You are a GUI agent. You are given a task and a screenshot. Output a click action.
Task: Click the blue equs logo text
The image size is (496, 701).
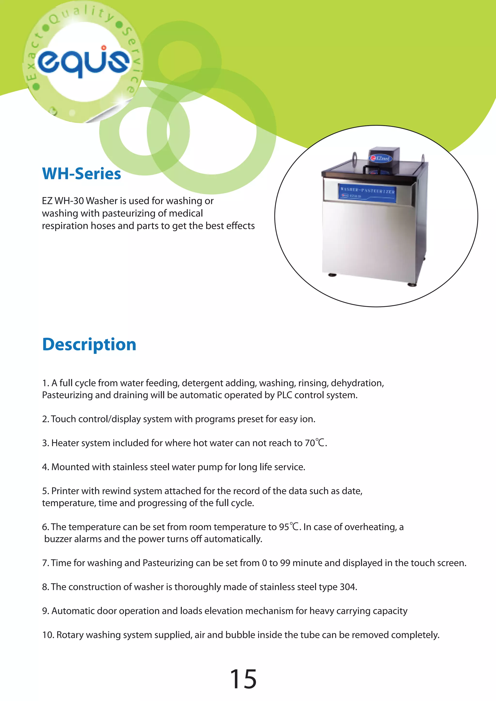83,62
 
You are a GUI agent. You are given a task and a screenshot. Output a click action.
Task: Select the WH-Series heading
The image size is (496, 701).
82,174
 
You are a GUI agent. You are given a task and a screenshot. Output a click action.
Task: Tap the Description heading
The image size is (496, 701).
89,344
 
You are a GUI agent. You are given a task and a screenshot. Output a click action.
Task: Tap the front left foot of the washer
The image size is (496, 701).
332,275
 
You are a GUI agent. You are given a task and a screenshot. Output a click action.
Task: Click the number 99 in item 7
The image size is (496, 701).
285,563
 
